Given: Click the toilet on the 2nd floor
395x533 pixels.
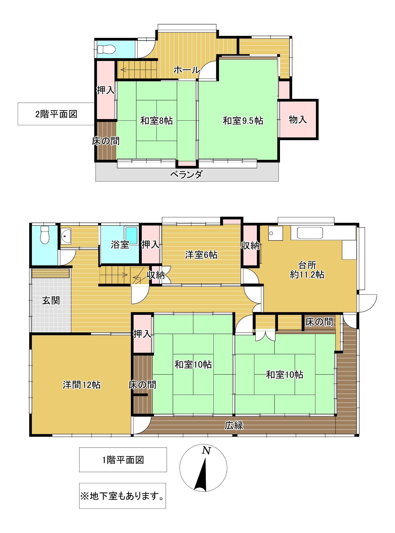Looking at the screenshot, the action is click(x=106, y=49).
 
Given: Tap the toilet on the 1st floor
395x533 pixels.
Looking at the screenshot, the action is click(x=45, y=235).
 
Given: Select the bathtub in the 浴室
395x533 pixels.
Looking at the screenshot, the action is click(x=131, y=236).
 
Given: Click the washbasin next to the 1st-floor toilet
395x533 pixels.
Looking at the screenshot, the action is click(x=66, y=236).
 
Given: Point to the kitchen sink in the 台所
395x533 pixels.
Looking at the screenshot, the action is click(x=310, y=233).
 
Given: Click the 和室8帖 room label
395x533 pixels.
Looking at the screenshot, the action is click(x=156, y=121).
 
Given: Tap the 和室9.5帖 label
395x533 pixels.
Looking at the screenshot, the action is click(x=243, y=121).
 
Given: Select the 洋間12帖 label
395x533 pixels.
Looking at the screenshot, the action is click(x=82, y=385).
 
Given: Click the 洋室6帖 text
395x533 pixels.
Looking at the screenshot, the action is click(x=201, y=255).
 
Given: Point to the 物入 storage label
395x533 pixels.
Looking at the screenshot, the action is click(x=298, y=120).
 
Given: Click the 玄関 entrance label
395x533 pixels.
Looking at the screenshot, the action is click(x=51, y=301).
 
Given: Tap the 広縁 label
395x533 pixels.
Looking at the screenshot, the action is click(x=234, y=425).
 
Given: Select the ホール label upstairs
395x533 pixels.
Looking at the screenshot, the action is click(x=187, y=70).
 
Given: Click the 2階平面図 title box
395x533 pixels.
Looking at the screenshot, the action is click(x=56, y=114).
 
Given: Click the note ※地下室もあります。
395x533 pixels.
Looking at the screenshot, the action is click(x=122, y=496).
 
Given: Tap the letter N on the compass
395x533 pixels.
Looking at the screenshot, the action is click(x=206, y=451).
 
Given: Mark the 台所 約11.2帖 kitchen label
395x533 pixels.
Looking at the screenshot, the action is click(x=307, y=270).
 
